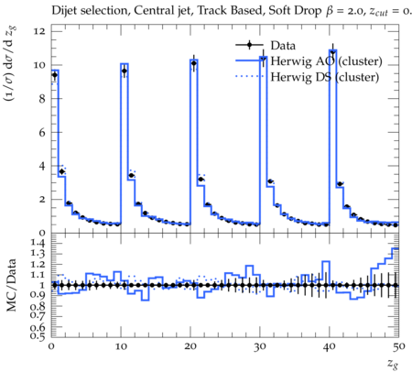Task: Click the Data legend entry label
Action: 283,46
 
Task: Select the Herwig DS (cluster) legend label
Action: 325,77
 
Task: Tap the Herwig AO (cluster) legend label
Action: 326,61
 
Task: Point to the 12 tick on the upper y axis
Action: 39,31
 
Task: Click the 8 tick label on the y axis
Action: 41,99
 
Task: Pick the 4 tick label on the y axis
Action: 41,166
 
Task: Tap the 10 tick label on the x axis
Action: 121,346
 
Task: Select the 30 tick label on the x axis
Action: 260,346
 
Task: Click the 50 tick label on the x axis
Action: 399,346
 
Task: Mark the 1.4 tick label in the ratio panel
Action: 38,243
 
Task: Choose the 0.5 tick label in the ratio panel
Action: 38,336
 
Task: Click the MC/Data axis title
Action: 11,285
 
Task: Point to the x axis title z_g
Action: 393,364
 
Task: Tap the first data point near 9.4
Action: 55,75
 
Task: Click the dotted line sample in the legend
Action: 249,76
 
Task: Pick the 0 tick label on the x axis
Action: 51,346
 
